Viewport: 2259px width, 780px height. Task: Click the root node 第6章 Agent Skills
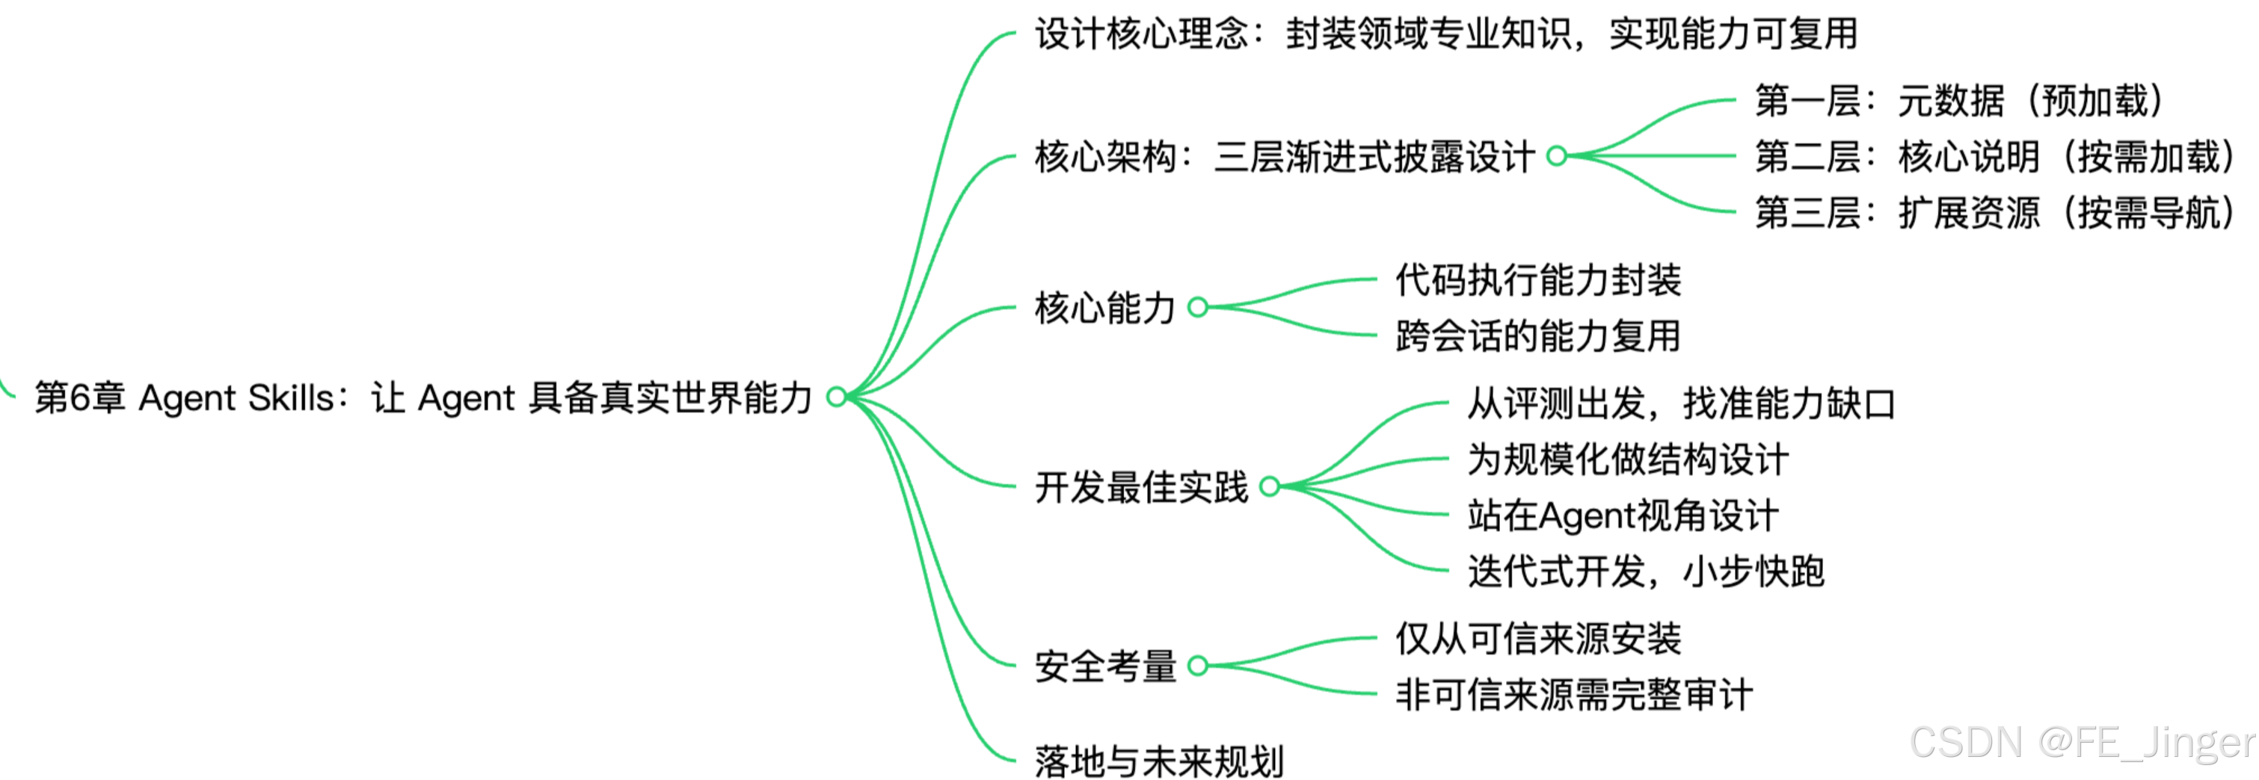point(422,398)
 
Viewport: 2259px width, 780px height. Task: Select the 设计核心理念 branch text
point(1445,34)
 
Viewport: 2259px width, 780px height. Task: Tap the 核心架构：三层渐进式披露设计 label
point(1284,157)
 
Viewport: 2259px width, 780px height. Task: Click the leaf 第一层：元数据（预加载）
point(1958,101)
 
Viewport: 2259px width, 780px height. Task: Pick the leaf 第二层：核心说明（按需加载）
point(1994,157)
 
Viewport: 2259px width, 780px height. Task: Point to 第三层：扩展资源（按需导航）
point(1994,213)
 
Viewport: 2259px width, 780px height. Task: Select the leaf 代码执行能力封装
point(1538,279)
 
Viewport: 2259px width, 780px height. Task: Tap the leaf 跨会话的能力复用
point(1538,335)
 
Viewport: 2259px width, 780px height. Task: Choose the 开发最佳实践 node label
point(1140,486)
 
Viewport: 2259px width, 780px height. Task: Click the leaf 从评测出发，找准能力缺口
point(1681,403)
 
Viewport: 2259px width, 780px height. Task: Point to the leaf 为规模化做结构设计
point(1628,459)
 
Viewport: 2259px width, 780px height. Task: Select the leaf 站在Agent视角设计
point(1623,516)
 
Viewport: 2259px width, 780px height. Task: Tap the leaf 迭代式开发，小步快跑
point(1646,572)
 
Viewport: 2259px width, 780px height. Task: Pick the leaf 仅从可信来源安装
point(1538,638)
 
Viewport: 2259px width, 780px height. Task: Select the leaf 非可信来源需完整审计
point(1574,694)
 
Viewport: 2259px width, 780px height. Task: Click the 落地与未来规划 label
point(1158,761)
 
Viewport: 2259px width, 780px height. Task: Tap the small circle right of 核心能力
point(1198,307)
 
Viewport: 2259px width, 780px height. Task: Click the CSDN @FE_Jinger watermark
point(2082,743)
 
